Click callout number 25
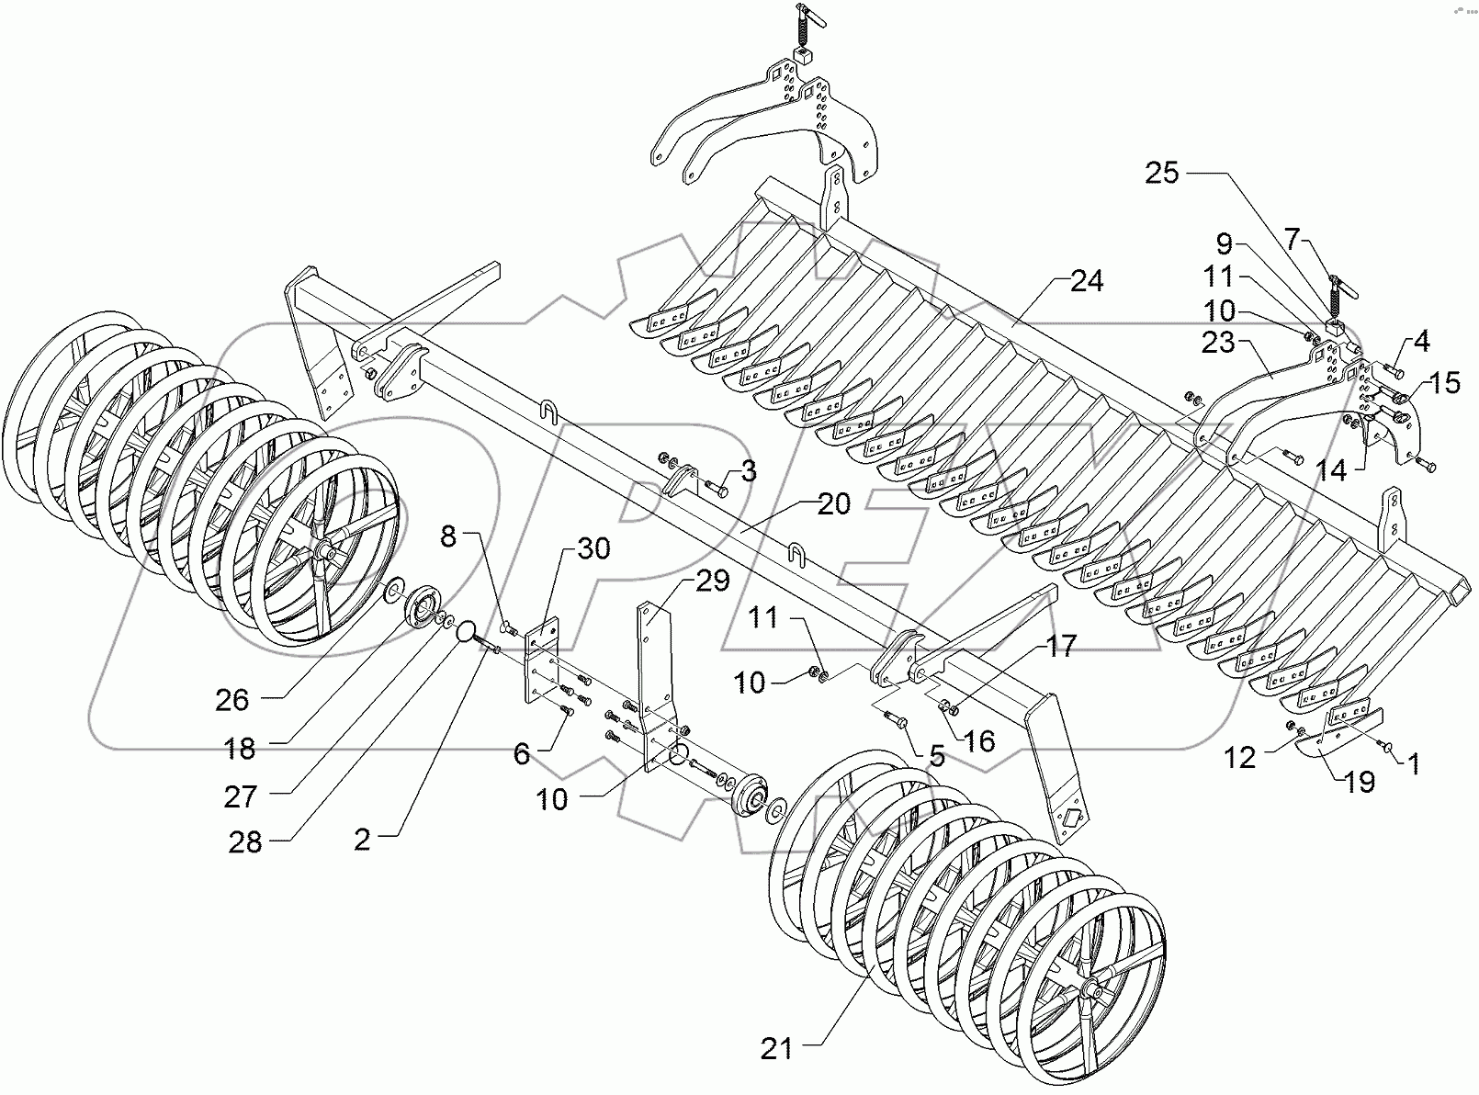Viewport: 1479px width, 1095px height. point(1162,172)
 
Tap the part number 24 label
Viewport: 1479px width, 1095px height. point(1087,280)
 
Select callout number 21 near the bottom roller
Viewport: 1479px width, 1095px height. point(777,1048)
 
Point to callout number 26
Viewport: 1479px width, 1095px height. point(231,700)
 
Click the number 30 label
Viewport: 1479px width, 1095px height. point(593,548)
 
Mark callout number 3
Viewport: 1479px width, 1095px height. point(749,472)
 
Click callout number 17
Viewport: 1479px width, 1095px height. point(1061,647)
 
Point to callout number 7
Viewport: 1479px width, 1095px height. point(1293,241)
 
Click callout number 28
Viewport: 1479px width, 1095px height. point(245,841)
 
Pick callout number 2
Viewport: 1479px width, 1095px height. point(362,839)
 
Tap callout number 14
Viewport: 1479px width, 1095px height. point(1331,471)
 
